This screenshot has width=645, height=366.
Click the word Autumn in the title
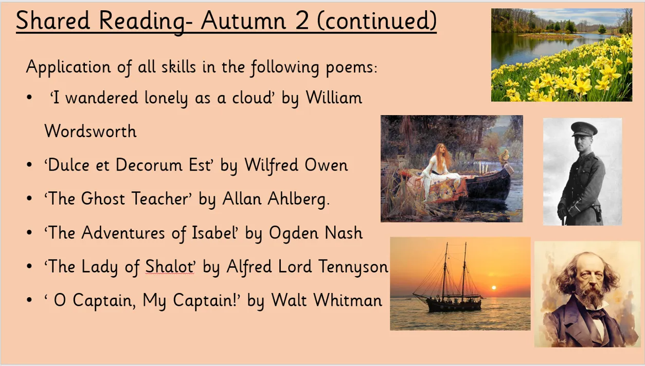(x=243, y=20)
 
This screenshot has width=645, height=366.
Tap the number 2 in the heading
(x=302, y=20)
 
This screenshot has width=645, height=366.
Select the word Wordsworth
(x=91, y=131)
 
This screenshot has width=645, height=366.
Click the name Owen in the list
(x=326, y=165)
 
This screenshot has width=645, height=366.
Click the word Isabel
(x=214, y=232)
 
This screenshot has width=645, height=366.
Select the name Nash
(x=344, y=232)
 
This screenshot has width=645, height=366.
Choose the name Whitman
(x=348, y=300)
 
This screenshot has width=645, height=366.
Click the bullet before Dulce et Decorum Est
(x=29, y=165)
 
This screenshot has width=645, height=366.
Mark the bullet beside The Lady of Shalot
(x=29, y=266)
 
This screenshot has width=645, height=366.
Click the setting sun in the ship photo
(x=494, y=288)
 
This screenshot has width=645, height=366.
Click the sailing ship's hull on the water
(x=454, y=305)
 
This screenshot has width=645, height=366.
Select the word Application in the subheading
(x=68, y=67)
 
